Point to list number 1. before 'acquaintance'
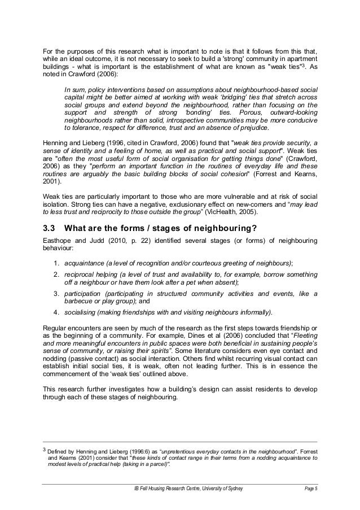click(x=57, y=264)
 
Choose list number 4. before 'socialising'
click(x=57, y=312)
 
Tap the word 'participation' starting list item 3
click(x=84, y=294)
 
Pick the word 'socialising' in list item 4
click(x=80, y=312)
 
